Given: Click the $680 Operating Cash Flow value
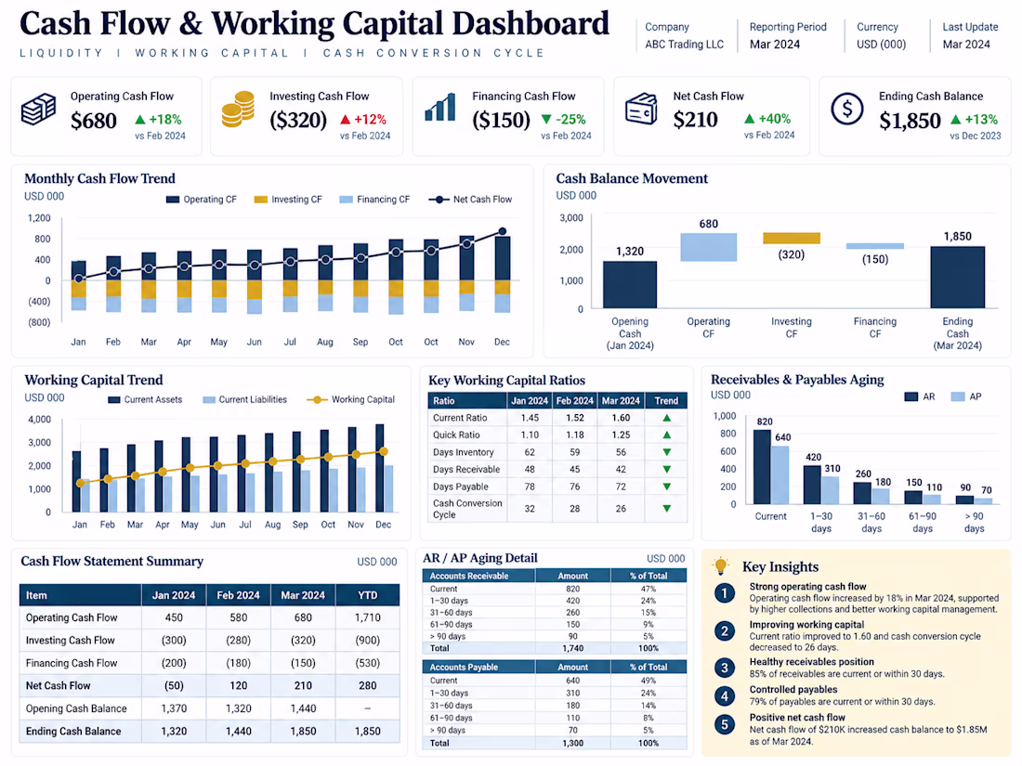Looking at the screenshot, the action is point(94,121).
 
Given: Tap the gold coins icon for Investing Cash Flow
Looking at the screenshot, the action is point(238,109).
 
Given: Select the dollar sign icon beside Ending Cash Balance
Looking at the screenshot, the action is point(846,109).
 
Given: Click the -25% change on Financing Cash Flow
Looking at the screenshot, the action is point(564,119).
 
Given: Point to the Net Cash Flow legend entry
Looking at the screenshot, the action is point(470,200).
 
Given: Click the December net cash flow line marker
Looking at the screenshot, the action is point(503,231).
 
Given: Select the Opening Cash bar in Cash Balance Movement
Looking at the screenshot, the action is point(630,285).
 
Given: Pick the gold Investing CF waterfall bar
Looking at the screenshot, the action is point(792,239).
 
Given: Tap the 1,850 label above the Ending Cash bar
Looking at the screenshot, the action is point(958,237).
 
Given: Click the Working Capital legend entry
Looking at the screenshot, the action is point(350,399).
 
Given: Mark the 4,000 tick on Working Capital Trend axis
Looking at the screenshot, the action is point(39,420).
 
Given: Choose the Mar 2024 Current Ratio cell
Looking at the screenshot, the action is point(621,418).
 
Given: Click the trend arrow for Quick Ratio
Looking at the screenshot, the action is point(667,435).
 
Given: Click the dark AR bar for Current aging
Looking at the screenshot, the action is point(762,467).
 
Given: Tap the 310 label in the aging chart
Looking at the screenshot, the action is point(832,468).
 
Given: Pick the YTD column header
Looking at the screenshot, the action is point(368,594).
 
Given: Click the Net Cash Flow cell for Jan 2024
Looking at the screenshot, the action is point(174,685).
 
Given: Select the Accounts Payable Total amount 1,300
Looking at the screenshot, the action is point(573,743).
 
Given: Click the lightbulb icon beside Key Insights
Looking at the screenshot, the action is point(721,565).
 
